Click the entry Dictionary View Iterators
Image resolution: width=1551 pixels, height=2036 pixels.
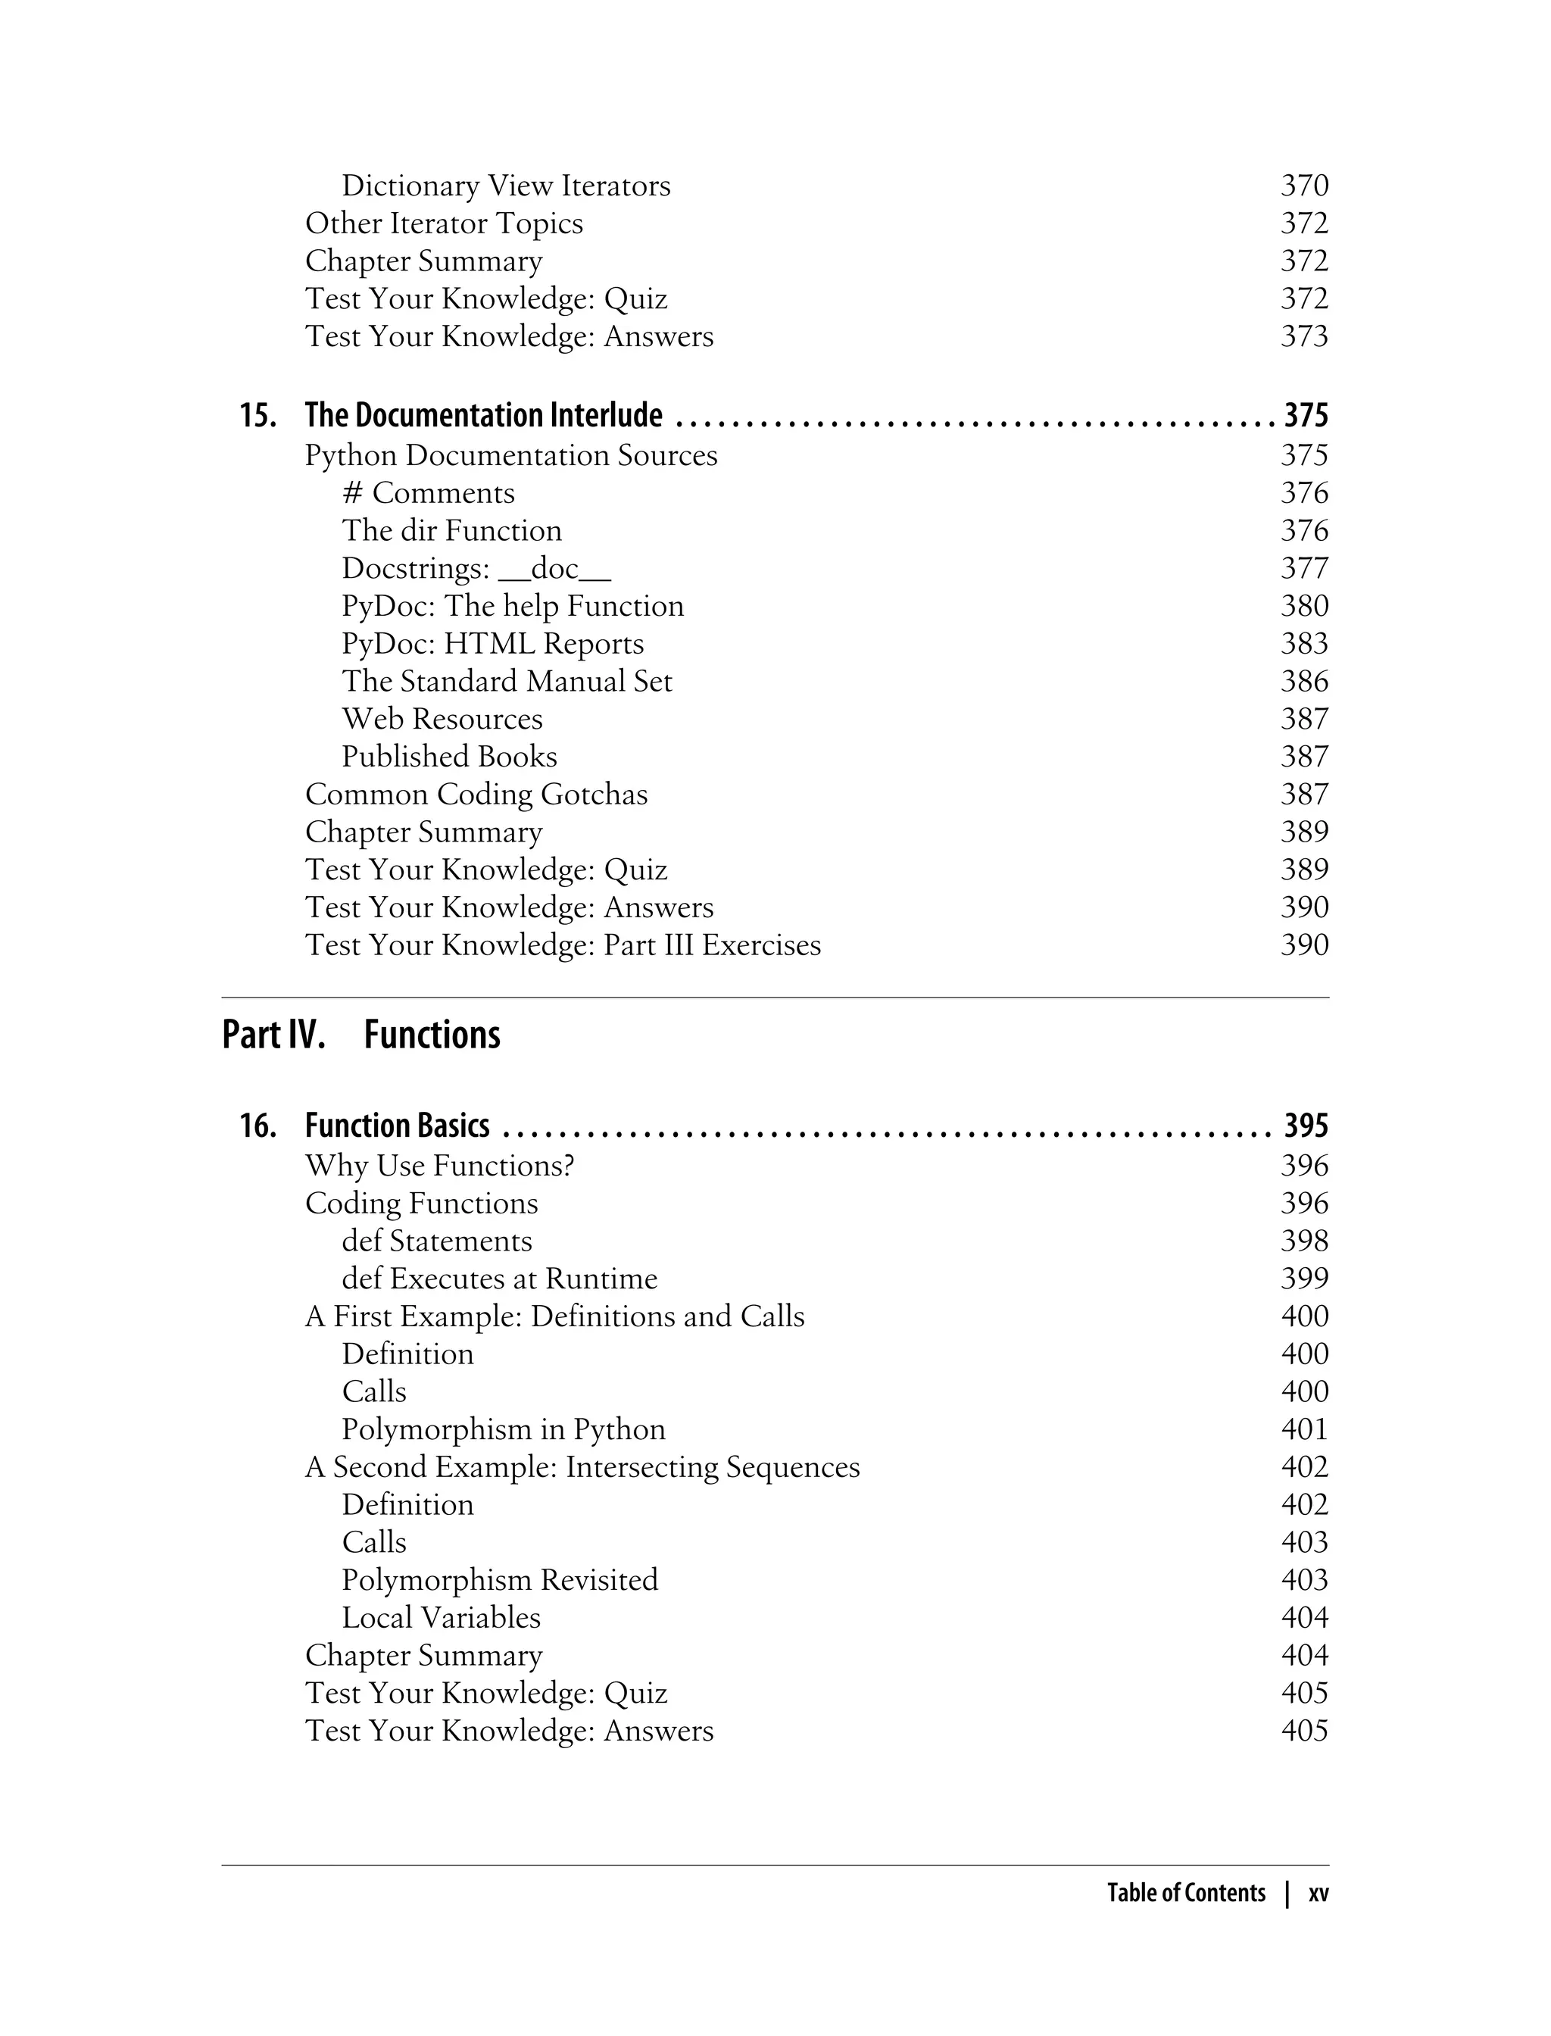(506, 186)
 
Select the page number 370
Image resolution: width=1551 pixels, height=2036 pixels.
(1303, 186)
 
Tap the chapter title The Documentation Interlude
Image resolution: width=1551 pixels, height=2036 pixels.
(483, 416)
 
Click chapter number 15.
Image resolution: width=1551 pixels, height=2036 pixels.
(257, 416)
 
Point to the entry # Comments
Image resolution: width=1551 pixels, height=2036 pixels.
(429, 493)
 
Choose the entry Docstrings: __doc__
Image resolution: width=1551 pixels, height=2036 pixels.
(476, 568)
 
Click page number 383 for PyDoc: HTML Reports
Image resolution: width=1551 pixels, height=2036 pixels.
(1303, 644)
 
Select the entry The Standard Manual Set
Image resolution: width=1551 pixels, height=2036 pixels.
(507, 682)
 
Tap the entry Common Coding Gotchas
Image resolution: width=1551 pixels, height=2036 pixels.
(476, 794)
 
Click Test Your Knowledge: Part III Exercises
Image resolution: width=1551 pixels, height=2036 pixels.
(562, 945)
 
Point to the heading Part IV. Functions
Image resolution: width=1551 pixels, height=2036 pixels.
(361, 1035)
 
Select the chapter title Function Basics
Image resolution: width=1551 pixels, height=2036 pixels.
(397, 1126)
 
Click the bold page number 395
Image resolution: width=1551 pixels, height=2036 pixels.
(1306, 1126)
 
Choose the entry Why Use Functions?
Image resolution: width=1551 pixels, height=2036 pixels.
(439, 1165)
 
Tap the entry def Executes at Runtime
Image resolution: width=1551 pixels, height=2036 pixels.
(500, 1279)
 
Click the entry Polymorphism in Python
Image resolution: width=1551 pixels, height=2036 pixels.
(503, 1429)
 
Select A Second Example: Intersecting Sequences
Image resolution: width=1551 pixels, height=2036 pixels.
(582, 1467)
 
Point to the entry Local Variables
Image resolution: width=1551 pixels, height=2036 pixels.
(442, 1618)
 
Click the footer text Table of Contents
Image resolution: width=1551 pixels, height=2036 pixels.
(1185, 1893)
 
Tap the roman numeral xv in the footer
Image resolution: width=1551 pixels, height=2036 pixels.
(1319, 1893)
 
